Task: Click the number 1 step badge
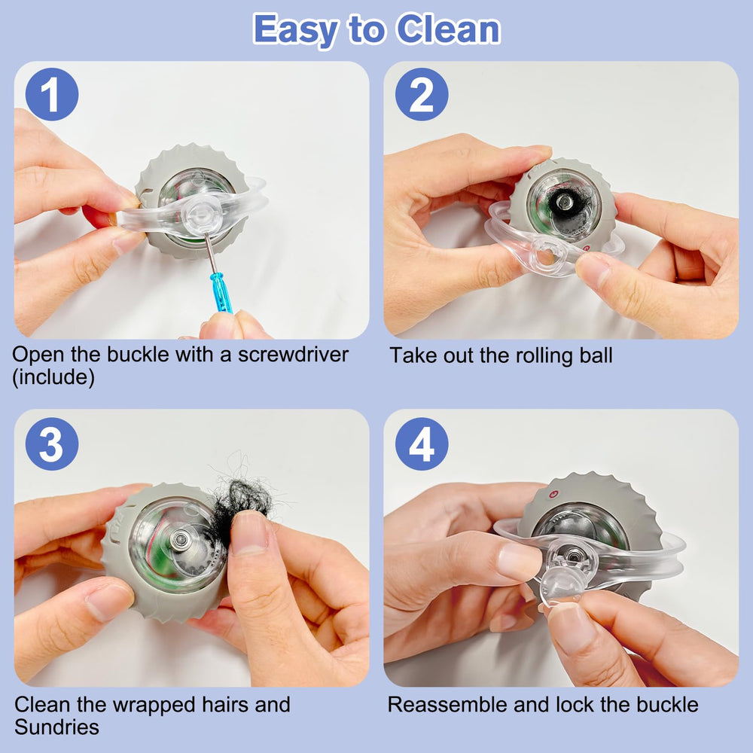(52, 95)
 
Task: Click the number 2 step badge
(422, 95)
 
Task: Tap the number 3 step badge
(52, 444)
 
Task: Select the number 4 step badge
(422, 444)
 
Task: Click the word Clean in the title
(449, 29)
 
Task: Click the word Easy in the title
(295, 31)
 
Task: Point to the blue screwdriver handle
(222, 293)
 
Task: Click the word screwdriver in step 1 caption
(293, 355)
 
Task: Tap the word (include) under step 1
(53, 377)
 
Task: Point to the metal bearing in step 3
(181, 541)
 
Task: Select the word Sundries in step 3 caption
(56, 727)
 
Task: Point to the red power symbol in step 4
(553, 494)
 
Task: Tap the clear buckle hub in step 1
(203, 214)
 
